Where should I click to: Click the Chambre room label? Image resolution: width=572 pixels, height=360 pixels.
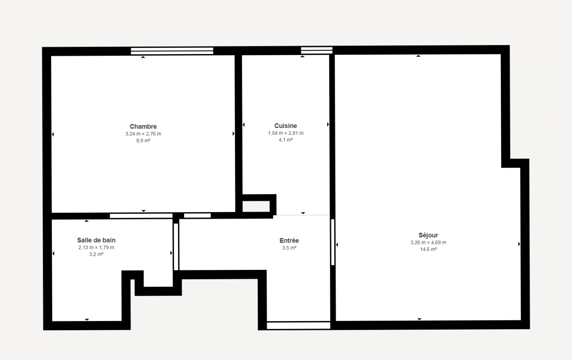(x=143, y=127)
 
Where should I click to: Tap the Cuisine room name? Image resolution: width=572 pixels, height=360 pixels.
(x=285, y=126)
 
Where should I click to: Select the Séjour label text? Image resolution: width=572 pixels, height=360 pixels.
(x=428, y=235)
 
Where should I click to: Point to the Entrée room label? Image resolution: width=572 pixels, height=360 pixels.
(x=289, y=241)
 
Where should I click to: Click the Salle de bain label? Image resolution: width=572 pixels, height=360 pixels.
(x=96, y=240)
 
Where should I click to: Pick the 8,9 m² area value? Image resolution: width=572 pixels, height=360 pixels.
(x=143, y=141)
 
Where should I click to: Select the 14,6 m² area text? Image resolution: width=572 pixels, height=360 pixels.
(x=428, y=249)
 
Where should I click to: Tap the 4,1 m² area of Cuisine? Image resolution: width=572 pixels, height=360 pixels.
(x=285, y=140)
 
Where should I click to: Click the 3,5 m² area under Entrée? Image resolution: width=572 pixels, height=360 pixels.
(x=289, y=248)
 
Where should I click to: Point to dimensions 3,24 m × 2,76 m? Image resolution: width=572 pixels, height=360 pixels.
(x=143, y=134)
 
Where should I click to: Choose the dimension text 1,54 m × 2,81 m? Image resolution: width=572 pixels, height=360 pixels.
(x=285, y=133)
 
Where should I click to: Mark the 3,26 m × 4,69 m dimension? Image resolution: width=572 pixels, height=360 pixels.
(x=428, y=243)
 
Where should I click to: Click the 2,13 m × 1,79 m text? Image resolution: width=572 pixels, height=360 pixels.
(x=96, y=248)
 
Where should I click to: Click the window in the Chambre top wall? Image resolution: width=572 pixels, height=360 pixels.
(x=172, y=51)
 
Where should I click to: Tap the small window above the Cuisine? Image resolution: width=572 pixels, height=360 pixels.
(x=317, y=50)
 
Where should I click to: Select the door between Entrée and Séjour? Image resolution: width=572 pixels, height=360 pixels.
(x=333, y=242)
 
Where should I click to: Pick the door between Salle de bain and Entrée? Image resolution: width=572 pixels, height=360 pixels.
(x=176, y=247)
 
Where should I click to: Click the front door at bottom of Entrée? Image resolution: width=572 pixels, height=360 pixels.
(x=299, y=326)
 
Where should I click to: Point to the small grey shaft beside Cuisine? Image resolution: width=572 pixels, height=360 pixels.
(x=256, y=207)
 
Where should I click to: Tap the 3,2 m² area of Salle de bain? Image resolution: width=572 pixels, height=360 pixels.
(x=96, y=254)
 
